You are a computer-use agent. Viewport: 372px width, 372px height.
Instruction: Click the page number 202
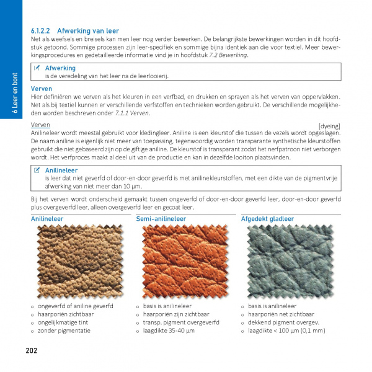[x=32, y=350]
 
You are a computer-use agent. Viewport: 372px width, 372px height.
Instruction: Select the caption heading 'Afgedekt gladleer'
[x=267, y=219]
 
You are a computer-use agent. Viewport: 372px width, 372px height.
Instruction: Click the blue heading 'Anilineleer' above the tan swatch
[x=46, y=219]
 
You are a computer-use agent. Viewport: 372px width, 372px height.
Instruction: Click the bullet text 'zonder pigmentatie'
[x=64, y=330]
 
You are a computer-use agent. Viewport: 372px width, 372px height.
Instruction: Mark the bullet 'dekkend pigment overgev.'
[x=283, y=322]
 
